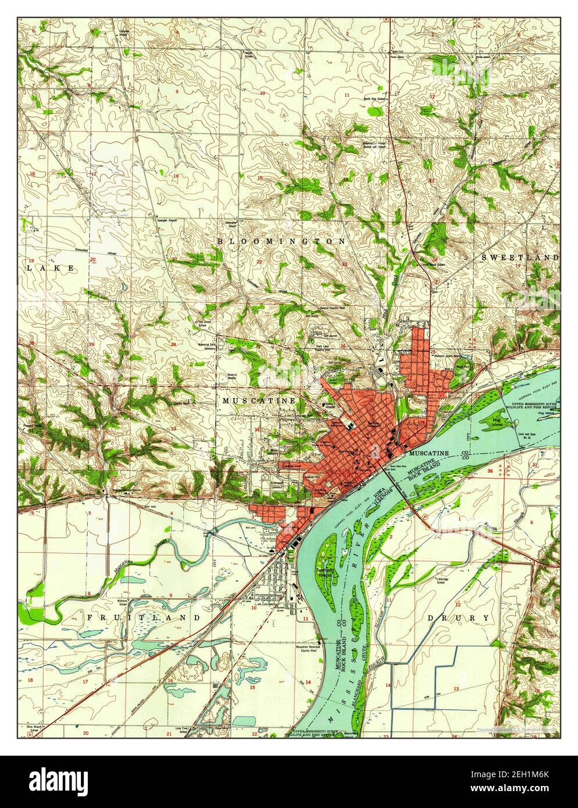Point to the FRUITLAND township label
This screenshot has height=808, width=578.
pos(144,617)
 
